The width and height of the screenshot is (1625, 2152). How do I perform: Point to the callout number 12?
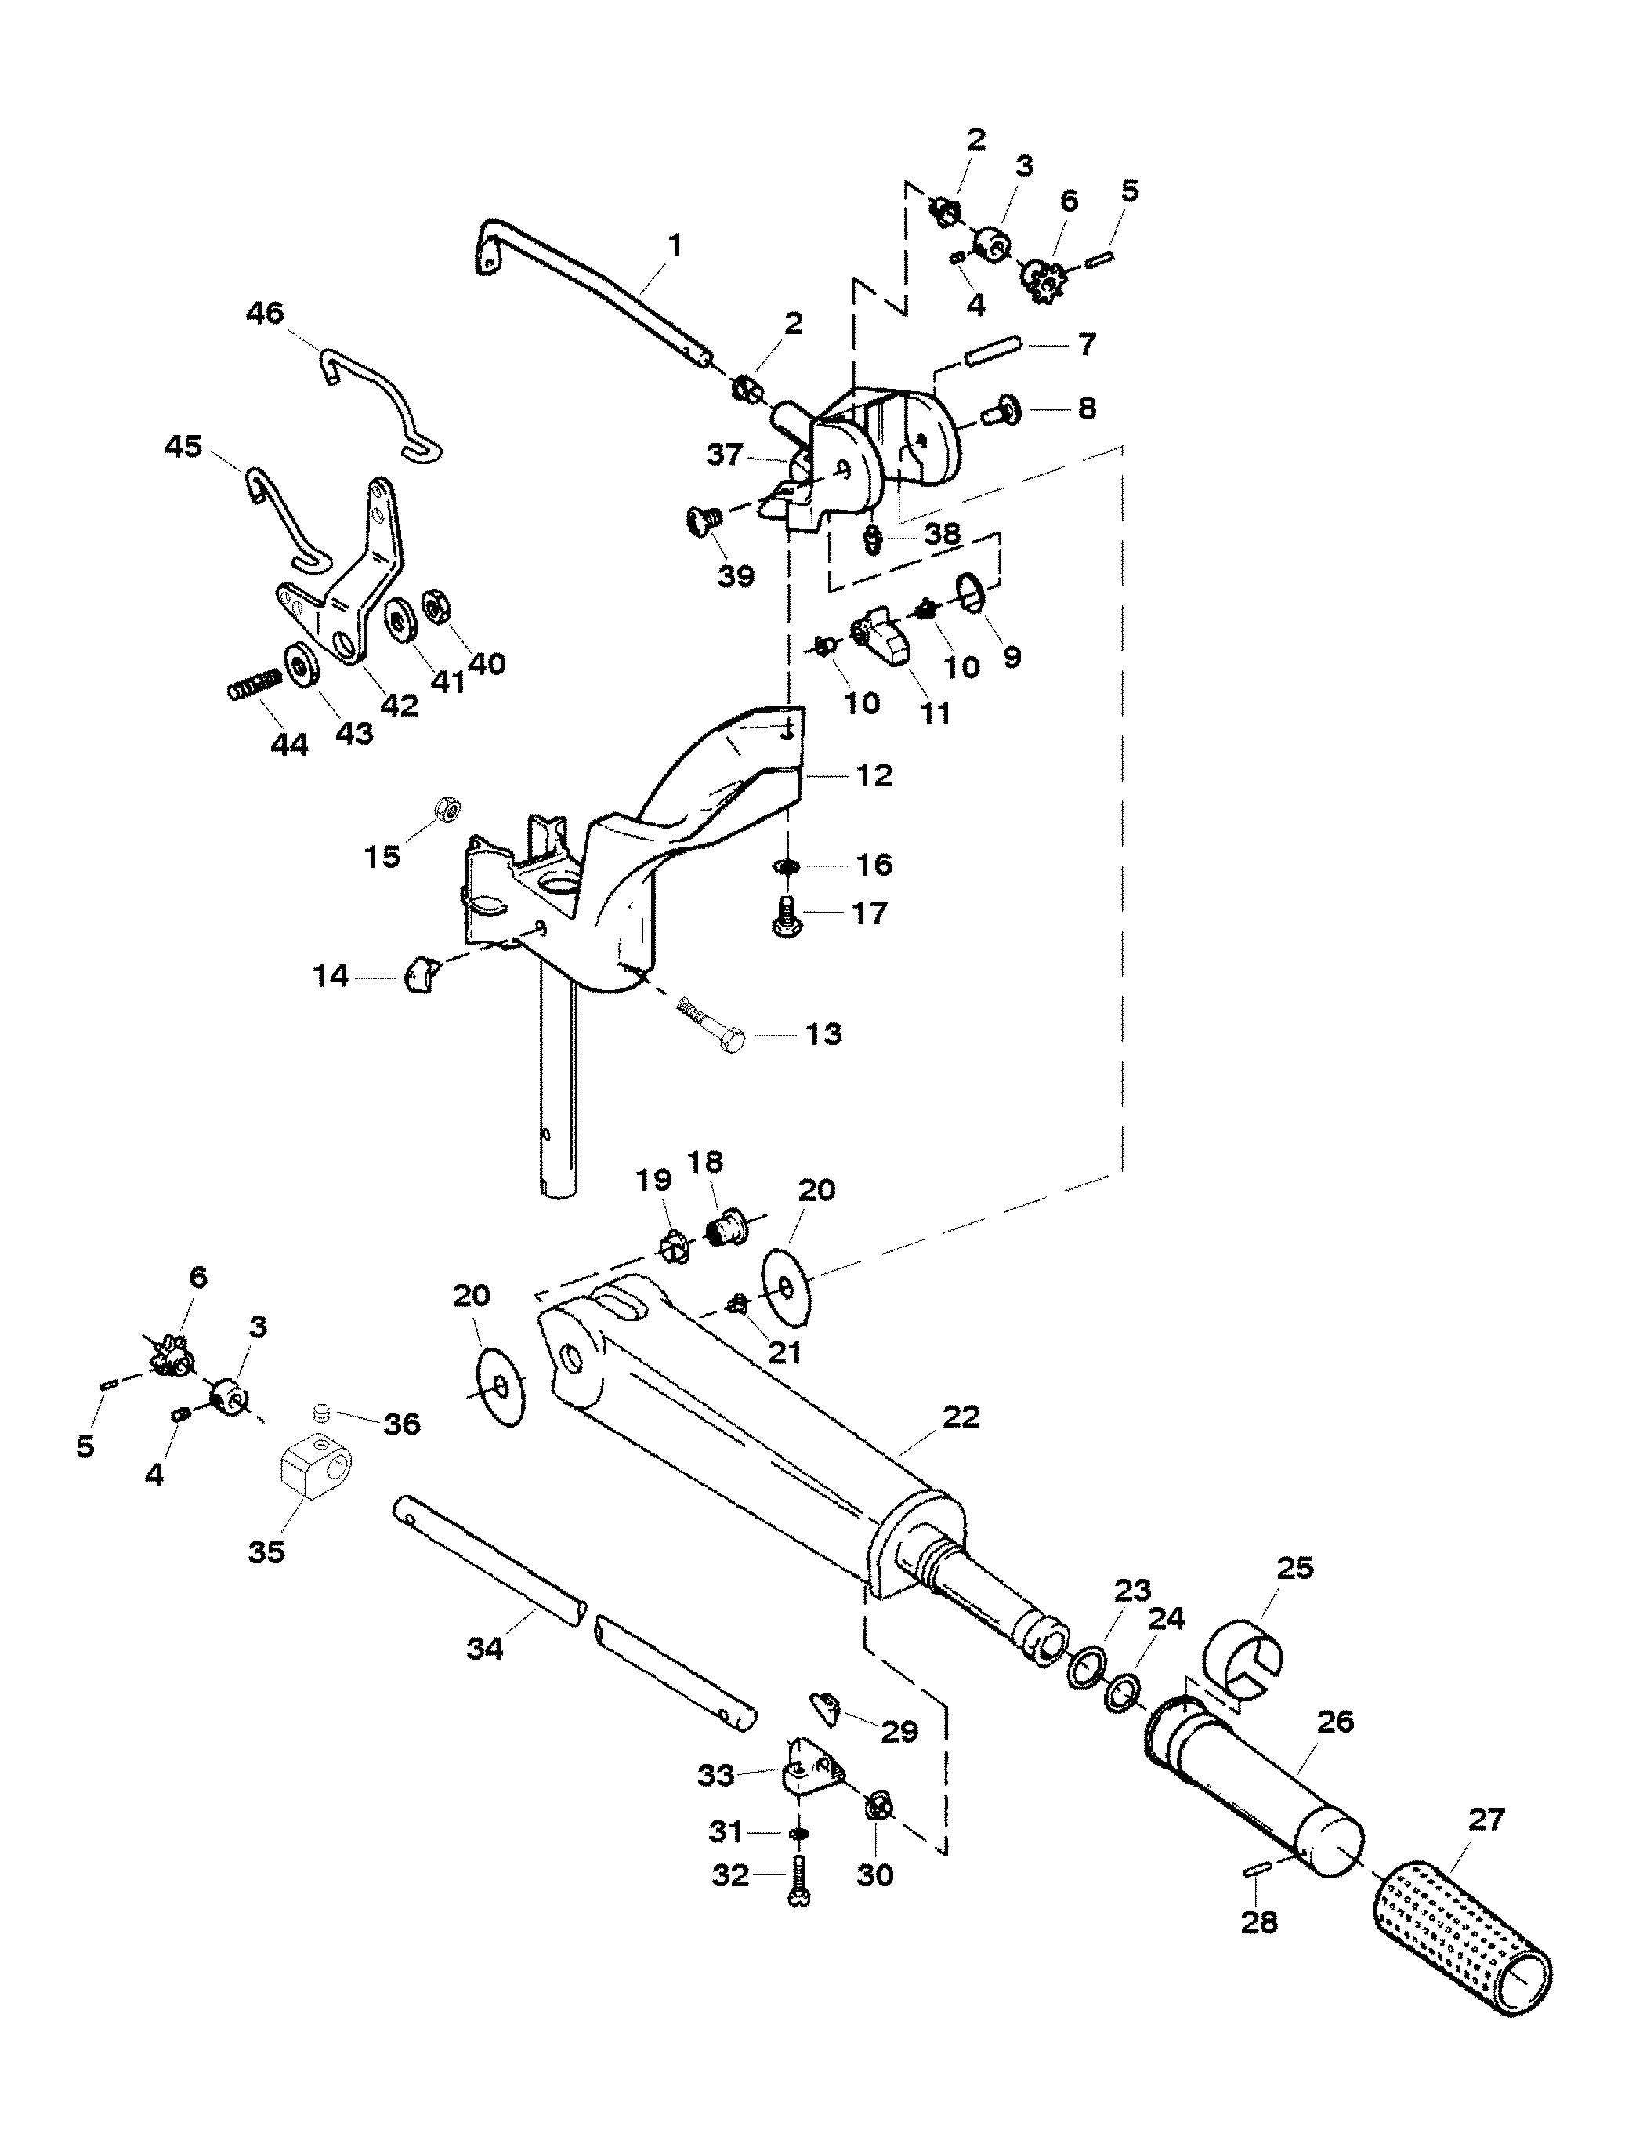874,775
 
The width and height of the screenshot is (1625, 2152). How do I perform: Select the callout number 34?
485,1648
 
